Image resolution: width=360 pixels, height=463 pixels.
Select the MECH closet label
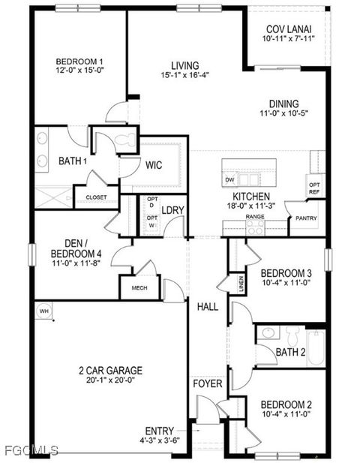click(x=139, y=288)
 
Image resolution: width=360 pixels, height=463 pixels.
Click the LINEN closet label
click(x=241, y=283)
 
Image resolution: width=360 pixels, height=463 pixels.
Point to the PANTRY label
click(x=306, y=220)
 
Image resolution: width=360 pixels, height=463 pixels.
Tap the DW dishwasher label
click(x=230, y=180)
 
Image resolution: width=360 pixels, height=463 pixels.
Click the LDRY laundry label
click(x=173, y=211)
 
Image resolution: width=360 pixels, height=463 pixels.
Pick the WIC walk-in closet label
click(x=154, y=164)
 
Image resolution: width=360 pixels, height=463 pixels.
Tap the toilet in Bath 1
click(x=127, y=139)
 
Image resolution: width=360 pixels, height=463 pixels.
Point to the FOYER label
click(x=208, y=384)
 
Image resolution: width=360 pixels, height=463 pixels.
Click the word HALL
click(x=208, y=307)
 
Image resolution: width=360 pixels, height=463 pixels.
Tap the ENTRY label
click(x=160, y=430)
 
